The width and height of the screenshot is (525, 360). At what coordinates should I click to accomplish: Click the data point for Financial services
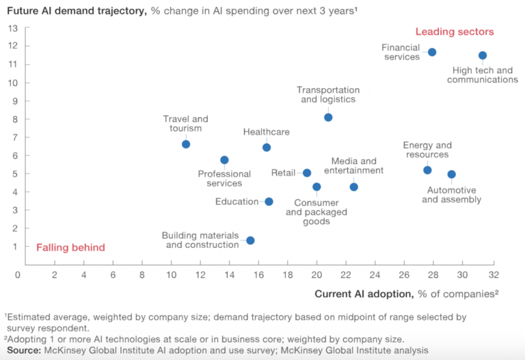(x=432, y=52)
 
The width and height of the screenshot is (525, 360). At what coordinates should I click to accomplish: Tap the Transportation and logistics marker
(x=328, y=117)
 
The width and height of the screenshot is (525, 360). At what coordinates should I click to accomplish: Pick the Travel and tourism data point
(x=186, y=144)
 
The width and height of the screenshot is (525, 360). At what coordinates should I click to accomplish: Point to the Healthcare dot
(x=267, y=148)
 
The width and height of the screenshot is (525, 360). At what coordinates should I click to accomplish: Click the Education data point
(x=269, y=202)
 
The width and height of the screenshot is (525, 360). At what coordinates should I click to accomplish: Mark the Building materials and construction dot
(x=250, y=240)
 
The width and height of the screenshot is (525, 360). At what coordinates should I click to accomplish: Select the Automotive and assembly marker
(x=451, y=174)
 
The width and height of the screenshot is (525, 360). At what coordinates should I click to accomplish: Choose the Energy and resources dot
(x=427, y=170)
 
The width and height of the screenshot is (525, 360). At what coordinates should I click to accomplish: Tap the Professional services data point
(x=224, y=160)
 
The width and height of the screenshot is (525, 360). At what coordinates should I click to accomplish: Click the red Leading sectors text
(x=455, y=31)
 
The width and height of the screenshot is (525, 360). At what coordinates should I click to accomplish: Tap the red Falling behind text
(x=70, y=247)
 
